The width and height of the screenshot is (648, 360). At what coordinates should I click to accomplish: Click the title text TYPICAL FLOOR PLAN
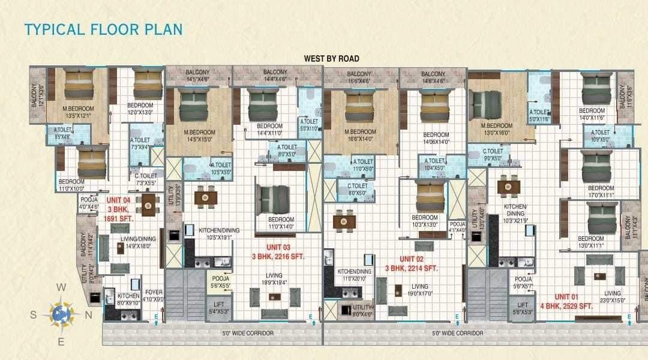[x=103, y=29]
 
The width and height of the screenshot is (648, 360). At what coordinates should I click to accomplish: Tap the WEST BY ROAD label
[x=332, y=58]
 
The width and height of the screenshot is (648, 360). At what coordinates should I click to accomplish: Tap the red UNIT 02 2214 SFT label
[x=411, y=264]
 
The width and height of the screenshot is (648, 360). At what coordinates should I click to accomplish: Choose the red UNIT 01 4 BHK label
[x=573, y=301]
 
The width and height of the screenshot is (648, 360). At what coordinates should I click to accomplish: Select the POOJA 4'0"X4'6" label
[x=89, y=203]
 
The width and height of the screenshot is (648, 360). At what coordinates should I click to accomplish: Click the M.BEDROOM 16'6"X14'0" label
[x=360, y=135]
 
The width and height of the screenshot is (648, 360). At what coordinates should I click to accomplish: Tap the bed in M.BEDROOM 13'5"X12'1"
[x=79, y=85]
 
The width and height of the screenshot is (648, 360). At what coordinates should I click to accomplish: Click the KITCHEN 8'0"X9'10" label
[x=128, y=299]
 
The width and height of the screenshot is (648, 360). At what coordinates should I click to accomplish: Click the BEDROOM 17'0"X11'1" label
[x=592, y=191]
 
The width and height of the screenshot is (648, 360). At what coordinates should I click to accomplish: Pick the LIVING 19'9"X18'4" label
[x=274, y=279]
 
